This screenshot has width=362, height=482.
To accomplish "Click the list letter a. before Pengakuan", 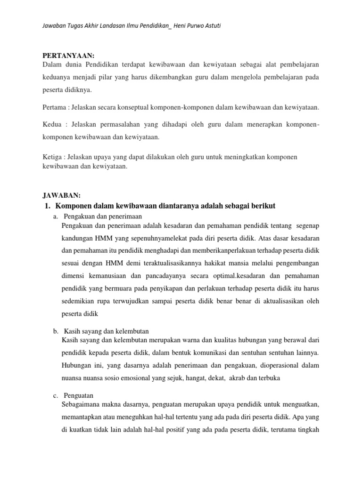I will pos(56,216).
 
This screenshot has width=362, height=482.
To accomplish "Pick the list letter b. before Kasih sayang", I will pos(56,331).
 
